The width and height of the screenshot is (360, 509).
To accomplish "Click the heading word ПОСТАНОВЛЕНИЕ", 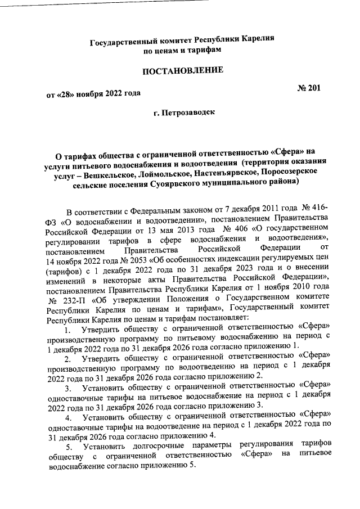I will point(182,71).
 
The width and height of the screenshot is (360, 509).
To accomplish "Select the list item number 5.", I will point(68,447).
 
